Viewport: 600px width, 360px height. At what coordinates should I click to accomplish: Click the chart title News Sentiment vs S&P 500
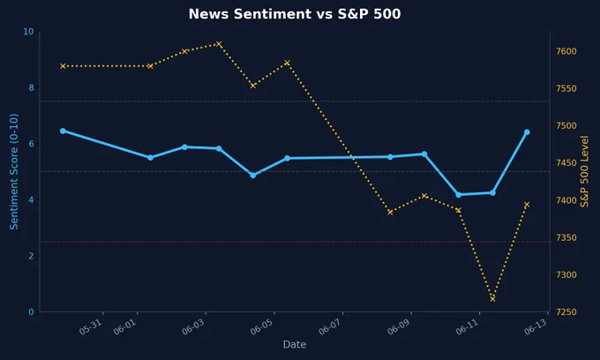(x=295, y=14)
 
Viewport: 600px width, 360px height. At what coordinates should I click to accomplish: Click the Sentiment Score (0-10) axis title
(x=14, y=171)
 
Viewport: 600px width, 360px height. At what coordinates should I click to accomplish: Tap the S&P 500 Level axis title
(x=584, y=171)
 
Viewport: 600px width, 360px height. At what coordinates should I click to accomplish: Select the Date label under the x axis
(x=294, y=344)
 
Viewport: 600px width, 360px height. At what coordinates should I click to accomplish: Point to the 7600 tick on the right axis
(x=566, y=51)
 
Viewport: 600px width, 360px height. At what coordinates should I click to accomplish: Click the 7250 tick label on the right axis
(x=566, y=312)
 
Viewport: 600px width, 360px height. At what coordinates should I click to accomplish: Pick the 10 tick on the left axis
(x=29, y=32)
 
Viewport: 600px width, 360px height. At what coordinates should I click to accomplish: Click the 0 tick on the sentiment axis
(x=31, y=312)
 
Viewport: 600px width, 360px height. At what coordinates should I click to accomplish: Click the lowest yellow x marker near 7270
(x=492, y=299)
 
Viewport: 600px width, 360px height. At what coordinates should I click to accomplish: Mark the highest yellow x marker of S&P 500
(x=219, y=44)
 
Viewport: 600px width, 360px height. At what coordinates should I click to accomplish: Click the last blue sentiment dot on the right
(x=527, y=132)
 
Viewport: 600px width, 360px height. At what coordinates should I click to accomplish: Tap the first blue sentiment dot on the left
(x=63, y=131)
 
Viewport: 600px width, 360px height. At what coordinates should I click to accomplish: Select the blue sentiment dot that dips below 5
(x=253, y=176)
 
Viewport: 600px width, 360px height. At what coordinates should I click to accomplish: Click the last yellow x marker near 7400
(x=527, y=205)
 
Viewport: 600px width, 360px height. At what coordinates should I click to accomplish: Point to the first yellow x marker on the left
(x=63, y=66)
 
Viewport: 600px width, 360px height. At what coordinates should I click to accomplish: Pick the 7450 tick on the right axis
(x=566, y=163)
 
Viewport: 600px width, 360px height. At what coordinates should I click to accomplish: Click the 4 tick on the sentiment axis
(x=31, y=199)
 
